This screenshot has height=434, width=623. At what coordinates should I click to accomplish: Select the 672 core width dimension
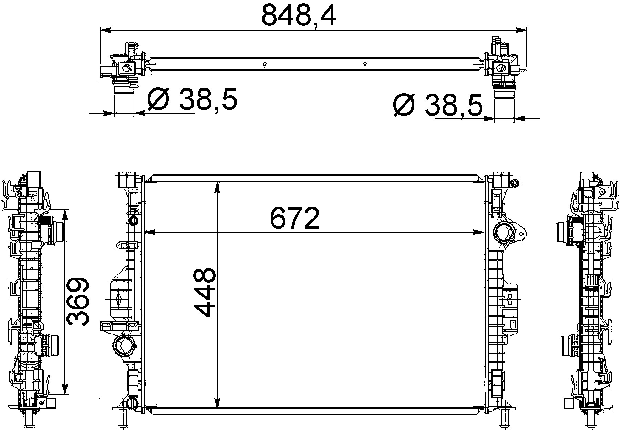(295, 218)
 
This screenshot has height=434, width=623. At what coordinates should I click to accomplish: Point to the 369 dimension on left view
(78, 302)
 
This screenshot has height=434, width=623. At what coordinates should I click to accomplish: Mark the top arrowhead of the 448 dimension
(217, 188)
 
